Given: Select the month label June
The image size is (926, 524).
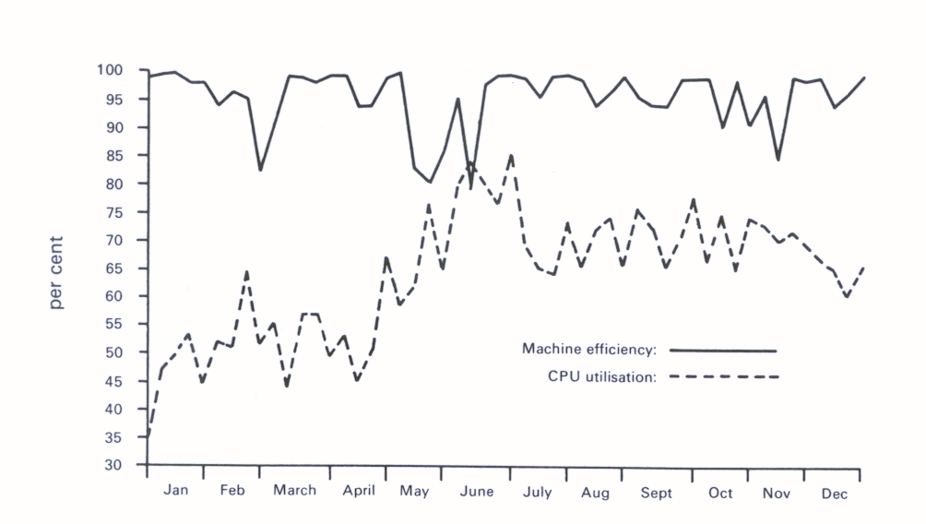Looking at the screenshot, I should [x=476, y=492].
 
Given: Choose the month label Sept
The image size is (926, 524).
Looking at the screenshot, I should [x=657, y=493].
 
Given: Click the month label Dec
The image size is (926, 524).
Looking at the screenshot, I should [x=834, y=494].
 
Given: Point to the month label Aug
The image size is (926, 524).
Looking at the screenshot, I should [x=595, y=493].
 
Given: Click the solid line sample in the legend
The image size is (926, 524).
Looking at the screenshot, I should [x=723, y=351].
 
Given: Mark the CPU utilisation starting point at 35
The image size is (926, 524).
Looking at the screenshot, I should [x=148, y=435].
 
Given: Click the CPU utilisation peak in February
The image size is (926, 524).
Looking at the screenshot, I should [x=247, y=271].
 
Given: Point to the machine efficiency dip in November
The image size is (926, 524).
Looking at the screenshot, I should [x=779, y=160].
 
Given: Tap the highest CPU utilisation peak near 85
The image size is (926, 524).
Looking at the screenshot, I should [x=512, y=156].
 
